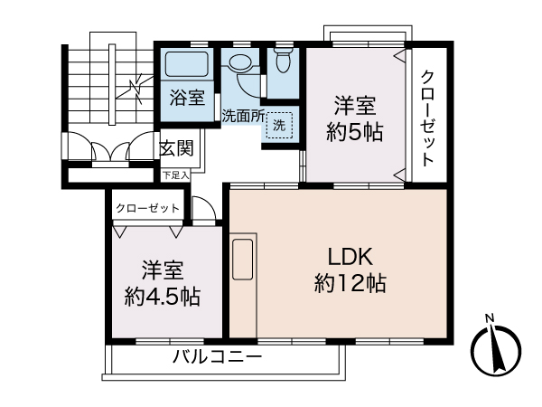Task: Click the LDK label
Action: (350, 256)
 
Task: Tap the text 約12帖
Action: (350, 283)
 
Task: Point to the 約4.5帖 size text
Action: (163, 296)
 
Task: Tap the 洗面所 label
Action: (243, 116)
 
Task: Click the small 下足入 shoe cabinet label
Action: (175, 175)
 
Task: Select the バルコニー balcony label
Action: (218, 357)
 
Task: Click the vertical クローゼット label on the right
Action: (428, 117)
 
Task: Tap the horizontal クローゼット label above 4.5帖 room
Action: (148, 209)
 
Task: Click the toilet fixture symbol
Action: (282, 61)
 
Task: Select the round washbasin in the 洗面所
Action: (241, 66)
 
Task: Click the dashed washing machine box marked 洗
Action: (279, 126)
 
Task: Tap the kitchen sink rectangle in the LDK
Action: (243, 259)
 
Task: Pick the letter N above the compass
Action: (489, 317)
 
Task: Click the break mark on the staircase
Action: (135, 88)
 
